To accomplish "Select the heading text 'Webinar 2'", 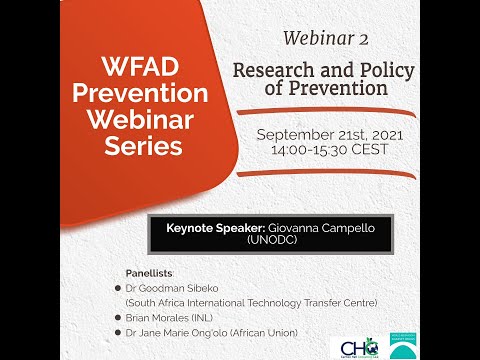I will (325, 39).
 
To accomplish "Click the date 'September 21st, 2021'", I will (322, 134).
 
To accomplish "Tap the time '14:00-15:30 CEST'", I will (322, 150).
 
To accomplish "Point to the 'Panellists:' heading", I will (149, 272).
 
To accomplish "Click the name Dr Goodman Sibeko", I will (172, 286).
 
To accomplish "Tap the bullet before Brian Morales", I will (119, 316).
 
